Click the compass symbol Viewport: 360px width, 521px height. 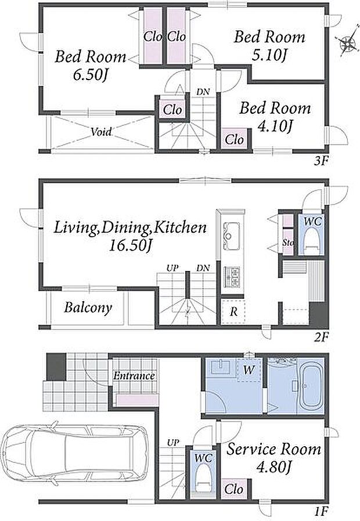(x=347, y=43)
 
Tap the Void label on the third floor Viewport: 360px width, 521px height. (x=100, y=132)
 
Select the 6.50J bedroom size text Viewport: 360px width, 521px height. (x=90, y=75)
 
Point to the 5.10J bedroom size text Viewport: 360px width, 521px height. (x=269, y=55)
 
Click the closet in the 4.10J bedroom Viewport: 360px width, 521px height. (x=235, y=138)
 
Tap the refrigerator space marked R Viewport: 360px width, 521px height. (x=233, y=312)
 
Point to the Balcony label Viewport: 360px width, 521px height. (x=88, y=307)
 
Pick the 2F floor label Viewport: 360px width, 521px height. (x=322, y=337)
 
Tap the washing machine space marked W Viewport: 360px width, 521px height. (x=249, y=370)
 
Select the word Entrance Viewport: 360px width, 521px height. (x=134, y=376)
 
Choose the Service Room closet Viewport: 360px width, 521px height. (x=235, y=489)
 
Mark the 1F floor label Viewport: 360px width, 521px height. (x=322, y=510)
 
